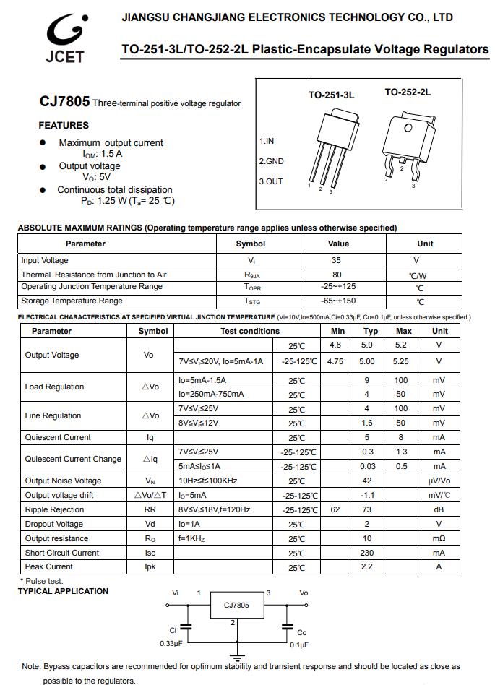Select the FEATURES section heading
pos(64,125)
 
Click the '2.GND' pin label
pos(271,161)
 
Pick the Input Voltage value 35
pos(337,260)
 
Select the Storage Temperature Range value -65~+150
pos(338,301)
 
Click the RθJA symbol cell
pos(251,275)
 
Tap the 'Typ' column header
pos(371,331)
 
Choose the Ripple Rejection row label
pos(54,509)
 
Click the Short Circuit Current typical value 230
pos(367,553)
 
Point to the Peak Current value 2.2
pos(367,567)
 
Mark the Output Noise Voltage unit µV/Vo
pos(439,481)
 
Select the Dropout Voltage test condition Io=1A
pos(190,524)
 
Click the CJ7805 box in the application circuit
pos(236,606)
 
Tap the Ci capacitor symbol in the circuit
pos(187,628)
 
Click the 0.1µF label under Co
pos(299,644)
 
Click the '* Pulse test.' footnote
pos(41,581)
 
